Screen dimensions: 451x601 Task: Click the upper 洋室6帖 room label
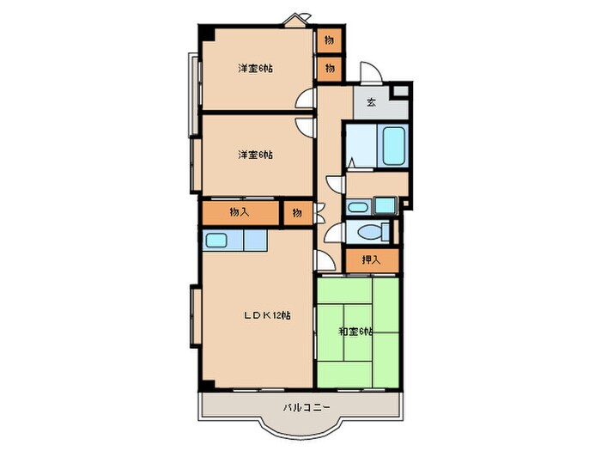(x=255, y=69)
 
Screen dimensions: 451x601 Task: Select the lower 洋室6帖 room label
(x=255, y=155)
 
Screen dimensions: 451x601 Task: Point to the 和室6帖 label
(x=355, y=332)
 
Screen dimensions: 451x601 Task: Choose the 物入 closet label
(x=240, y=211)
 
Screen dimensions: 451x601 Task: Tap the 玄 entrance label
(x=371, y=102)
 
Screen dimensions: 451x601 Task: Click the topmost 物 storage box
(x=329, y=40)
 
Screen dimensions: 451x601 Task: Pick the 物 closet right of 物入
(x=296, y=211)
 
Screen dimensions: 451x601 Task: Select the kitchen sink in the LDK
(x=216, y=241)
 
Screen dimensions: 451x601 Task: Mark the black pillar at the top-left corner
(x=207, y=33)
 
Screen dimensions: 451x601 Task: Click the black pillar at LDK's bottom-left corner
(x=204, y=383)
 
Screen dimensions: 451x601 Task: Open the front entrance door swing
(x=367, y=74)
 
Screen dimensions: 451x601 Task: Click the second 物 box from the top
(x=329, y=66)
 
